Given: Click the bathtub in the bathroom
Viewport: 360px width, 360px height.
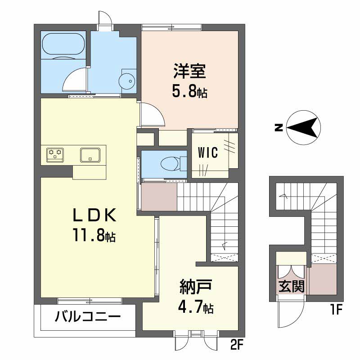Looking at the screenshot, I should coord(63,44).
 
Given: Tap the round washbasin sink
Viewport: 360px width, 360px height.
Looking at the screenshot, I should coord(126,81).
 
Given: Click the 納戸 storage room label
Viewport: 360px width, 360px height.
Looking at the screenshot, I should coord(195,287).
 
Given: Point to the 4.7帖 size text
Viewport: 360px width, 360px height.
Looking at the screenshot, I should coord(196,308).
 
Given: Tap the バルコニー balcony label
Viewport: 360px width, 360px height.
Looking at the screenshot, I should coord(88,317).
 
